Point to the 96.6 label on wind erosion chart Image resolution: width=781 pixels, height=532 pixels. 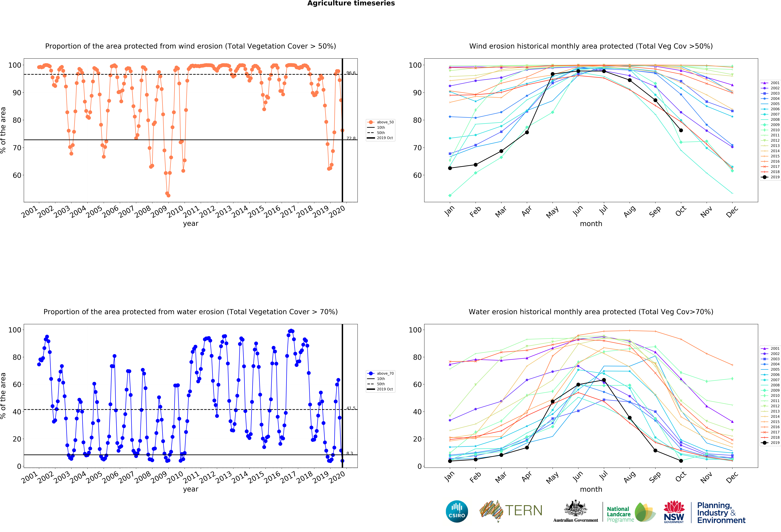point(351,73)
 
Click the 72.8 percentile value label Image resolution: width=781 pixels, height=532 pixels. point(351,138)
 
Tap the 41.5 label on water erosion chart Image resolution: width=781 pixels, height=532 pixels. point(351,408)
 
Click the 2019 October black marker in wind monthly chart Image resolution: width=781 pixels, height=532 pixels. point(681,130)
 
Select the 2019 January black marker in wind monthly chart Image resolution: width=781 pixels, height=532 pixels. point(450,168)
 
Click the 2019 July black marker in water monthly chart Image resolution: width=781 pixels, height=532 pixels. point(604,380)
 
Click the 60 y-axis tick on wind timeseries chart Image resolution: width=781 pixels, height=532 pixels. point(17,175)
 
